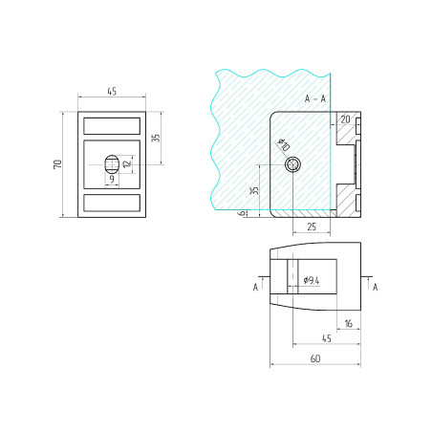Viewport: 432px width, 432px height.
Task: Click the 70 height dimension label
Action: point(59,164)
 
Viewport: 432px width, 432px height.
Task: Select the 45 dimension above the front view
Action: point(112,93)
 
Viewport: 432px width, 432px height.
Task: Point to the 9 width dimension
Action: point(111,179)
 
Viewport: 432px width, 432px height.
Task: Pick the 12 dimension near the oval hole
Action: point(126,165)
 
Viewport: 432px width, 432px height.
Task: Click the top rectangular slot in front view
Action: point(112,125)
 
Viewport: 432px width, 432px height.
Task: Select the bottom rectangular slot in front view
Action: point(112,203)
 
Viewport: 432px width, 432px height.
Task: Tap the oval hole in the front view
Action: point(111,164)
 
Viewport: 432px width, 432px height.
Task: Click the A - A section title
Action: point(314,99)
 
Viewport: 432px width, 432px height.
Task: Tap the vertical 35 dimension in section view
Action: point(254,190)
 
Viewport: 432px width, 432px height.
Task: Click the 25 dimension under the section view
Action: point(312,227)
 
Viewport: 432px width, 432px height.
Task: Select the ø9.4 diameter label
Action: point(311,280)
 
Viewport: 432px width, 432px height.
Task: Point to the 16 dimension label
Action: point(347,324)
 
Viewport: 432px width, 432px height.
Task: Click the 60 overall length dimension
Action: point(314,358)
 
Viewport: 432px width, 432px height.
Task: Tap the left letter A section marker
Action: point(255,286)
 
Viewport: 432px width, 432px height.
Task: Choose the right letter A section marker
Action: point(375,286)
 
